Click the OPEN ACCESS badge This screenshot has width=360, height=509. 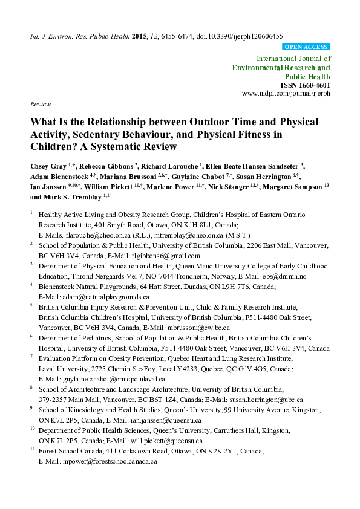[306, 47]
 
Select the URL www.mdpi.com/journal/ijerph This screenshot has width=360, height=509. [286, 94]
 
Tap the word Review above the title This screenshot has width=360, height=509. [40, 104]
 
